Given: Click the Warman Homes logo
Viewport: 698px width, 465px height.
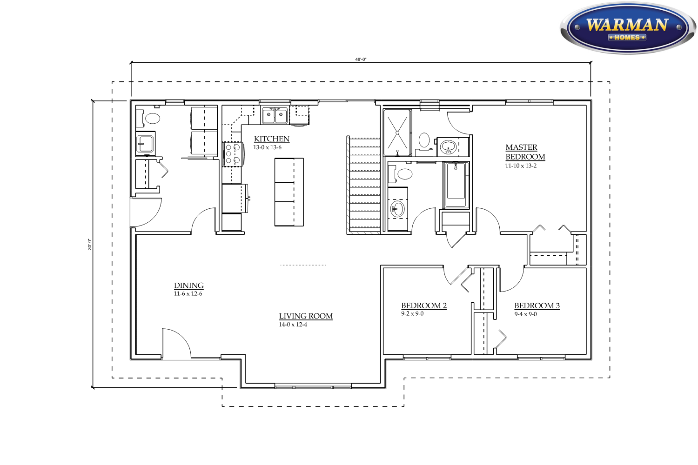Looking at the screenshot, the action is [628, 28].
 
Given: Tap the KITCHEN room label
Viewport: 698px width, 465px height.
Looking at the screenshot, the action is [271, 139].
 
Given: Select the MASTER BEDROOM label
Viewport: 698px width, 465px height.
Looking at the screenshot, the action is [525, 152].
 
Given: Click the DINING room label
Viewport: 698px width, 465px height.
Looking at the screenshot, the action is [188, 286].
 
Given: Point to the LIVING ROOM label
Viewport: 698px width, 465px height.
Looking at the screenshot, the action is [306, 316].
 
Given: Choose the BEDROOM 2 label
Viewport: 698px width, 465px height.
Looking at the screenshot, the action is [424, 306].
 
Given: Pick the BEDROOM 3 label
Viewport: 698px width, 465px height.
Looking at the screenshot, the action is [537, 306].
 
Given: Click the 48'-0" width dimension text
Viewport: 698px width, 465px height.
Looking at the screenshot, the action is [361, 60].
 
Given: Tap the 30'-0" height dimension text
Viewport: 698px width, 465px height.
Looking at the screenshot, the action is [90, 244].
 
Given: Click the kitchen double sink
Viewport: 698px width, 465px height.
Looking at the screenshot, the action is [275, 116].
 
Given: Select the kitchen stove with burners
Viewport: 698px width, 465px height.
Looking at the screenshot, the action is [233, 154].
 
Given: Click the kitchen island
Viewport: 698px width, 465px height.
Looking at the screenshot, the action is [289, 192].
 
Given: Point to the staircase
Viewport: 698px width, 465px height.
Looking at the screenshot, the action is [364, 185].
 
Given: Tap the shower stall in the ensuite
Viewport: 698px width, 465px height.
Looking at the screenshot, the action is [397, 133].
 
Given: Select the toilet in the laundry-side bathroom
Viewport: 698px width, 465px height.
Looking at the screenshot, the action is [148, 119].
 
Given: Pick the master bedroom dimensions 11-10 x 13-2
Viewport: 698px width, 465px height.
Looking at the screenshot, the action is [521, 166].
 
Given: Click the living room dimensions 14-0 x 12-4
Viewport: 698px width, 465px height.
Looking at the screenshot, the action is [293, 325].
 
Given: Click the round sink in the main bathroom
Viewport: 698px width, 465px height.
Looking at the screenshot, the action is [397, 209].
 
